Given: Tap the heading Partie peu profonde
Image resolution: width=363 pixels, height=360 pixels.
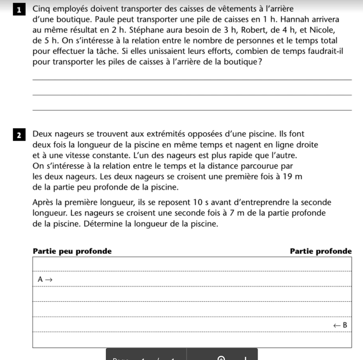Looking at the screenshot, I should [x=72, y=251].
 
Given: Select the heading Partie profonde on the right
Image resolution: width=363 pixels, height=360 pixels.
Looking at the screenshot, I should [x=321, y=251].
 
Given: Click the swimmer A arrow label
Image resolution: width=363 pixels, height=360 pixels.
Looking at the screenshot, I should [x=45, y=279].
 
